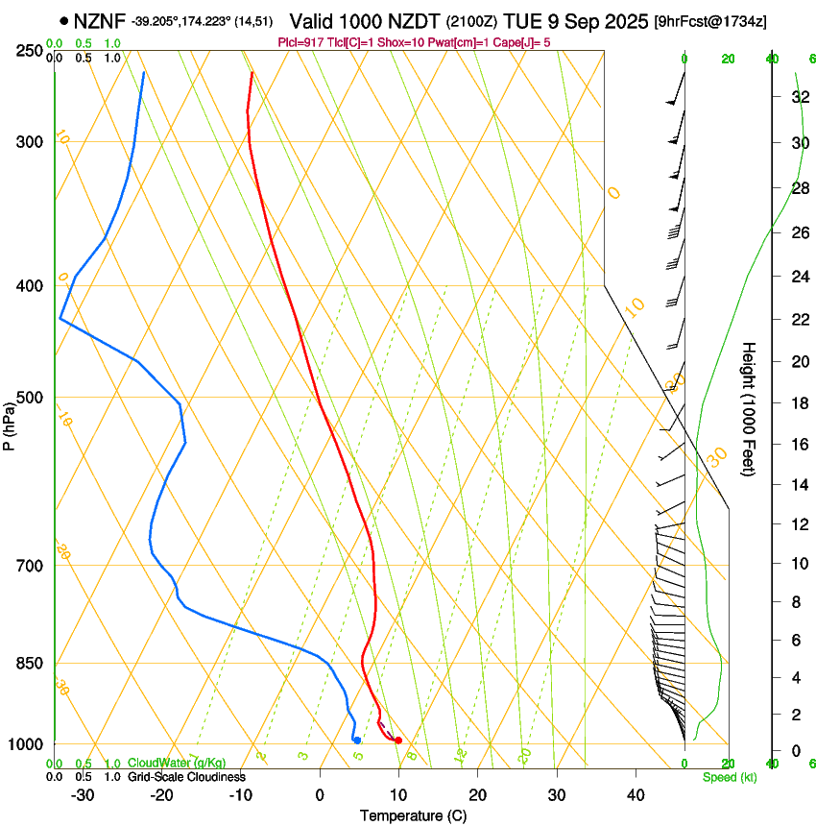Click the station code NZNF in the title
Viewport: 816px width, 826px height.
pyautogui.click(x=101, y=21)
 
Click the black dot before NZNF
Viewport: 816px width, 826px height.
pyautogui.click(x=63, y=21)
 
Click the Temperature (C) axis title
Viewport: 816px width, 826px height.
pyautogui.click(x=413, y=815)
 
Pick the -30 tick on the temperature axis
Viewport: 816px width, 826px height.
pyautogui.click(x=83, y=795)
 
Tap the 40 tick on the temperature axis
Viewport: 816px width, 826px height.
pyautogui.click(x=635, y=795)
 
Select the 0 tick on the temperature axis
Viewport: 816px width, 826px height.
pyautogui.click(x=320, y=795)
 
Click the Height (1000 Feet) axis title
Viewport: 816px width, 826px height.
pyautogui.click(x=750, y=408)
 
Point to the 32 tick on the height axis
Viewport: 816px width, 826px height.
pyautogui.click(x=799, y=96)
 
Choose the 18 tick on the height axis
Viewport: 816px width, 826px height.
pyautogui.click(x=799, y=402)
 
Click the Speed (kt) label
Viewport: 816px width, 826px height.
pyautogui.click(x=729, y=777)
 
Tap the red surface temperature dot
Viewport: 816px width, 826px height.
pyautogui.click(x=397, y=740)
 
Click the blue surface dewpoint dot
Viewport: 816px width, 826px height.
pyautogui.click(x=356, y=740)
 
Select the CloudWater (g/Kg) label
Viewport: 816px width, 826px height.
pyautogui.click(x=177, y=764)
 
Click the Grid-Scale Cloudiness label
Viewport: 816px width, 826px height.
pyautogui.click(x=186, y=776)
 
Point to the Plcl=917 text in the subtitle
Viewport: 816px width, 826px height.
pyautogui.click(x=300, y=41)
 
